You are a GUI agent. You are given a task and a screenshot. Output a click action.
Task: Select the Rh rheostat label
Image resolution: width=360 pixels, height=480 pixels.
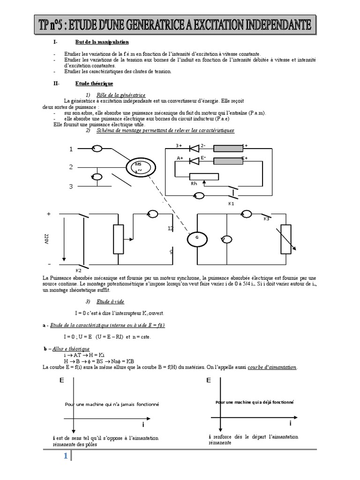click(194, 184)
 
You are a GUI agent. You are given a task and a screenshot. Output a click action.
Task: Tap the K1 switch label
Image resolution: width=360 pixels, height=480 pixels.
click(231, 203)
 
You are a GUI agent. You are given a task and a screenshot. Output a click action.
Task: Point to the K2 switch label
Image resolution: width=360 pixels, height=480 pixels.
click(79, 271)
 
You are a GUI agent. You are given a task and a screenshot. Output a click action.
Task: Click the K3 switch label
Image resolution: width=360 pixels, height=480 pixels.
click(266, 219)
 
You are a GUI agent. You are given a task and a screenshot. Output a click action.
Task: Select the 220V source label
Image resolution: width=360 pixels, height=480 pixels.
click(46, 240)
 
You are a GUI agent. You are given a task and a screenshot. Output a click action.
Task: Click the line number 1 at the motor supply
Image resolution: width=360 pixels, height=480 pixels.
click(71, 150)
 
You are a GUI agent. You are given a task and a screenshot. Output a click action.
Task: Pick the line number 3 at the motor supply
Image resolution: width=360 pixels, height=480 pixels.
click(71, 187)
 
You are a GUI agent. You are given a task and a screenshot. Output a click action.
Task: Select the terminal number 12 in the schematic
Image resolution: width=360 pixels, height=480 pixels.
click(171, 228)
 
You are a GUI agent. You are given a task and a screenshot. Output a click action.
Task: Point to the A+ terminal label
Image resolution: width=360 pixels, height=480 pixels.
click(180, 159)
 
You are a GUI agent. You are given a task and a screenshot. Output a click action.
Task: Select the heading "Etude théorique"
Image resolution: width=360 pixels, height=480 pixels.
click(94, 83)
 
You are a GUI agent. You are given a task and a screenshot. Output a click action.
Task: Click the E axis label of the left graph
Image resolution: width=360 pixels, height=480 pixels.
click(61, 381)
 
